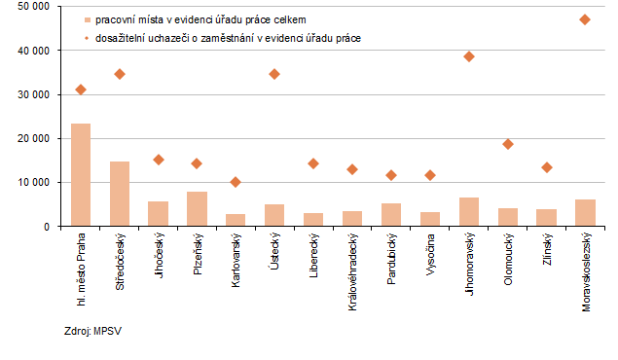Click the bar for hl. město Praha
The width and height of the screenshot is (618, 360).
tap(81, 175)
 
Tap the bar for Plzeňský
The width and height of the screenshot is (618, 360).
tap(197, 208)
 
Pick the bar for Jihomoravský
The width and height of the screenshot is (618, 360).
tap(468, 211)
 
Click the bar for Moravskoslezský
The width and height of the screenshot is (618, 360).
tap(584, 212)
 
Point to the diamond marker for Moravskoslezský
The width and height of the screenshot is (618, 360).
tap(584, 19)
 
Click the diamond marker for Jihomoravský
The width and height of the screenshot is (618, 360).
tap(468, 56)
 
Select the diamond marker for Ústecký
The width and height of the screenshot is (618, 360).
tap(274, 74)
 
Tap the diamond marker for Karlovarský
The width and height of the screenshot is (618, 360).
tap(236, 182)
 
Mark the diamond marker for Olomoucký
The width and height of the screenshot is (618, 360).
tap(507, 144)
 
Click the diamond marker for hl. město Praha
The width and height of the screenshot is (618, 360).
tap(81, 90)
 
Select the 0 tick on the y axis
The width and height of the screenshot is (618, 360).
tap(49, 227)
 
